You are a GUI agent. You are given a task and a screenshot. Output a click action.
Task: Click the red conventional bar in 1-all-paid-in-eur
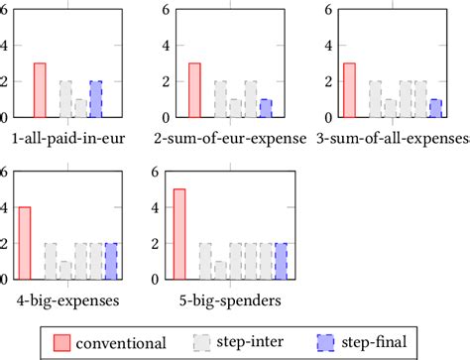click(x=40, y=89)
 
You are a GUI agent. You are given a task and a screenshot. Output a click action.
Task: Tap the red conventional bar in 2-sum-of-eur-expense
click(x=194, y=89)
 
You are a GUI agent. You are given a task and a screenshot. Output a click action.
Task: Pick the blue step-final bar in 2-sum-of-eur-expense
click(x=265, y=107)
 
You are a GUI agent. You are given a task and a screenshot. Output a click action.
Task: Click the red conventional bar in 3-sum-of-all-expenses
click(x=349, y=89)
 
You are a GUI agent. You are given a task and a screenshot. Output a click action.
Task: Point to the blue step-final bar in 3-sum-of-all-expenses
click(x=435, y=107)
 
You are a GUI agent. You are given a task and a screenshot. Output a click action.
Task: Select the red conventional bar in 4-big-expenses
click(x=24, y=243)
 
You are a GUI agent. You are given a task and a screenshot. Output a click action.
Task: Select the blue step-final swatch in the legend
click(x=326, y=342)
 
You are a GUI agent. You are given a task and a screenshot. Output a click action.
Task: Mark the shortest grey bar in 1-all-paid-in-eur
click(x=80, y=107)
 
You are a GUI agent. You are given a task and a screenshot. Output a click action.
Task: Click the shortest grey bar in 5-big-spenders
click(x=219, y=269)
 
